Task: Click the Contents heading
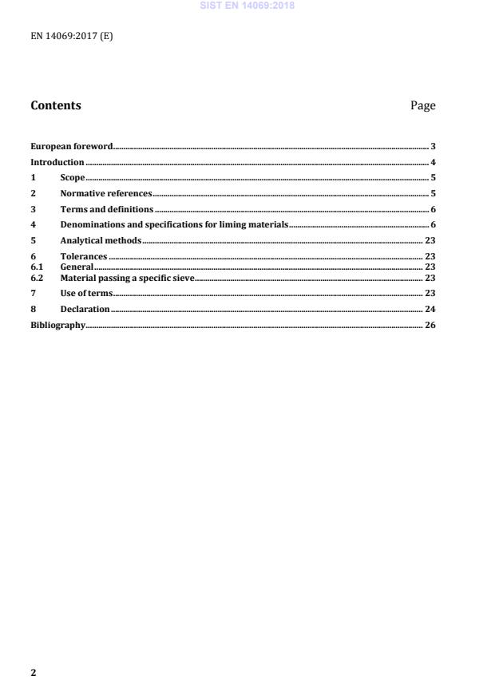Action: (x=55, y=105)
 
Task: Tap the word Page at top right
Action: (x=422, y=105)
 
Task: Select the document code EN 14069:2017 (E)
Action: (x=72, y=36)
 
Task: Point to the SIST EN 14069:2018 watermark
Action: (x=247, y=6)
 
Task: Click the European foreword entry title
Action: (x=71, y=146)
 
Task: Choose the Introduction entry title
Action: (x=57, y=162)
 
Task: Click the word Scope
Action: (x=73, y=177)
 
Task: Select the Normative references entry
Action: (x=105, y=193)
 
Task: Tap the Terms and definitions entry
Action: (x=106, y=209)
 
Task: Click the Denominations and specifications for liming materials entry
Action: (x=173, y=224)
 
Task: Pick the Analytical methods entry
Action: (x=101, y=240)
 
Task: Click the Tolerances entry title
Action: (x=84, y=257)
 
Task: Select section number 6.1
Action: (x=36, y=267)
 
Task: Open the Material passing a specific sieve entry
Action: (x=127, y=277)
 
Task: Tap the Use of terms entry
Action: (x=86, y=293)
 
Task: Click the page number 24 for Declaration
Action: (x=430, y=309)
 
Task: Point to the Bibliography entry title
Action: (x=57, y=325)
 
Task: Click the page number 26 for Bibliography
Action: (x=430, y=325)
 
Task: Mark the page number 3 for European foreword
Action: (x=432, y=146)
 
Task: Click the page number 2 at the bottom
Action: (x=34, y=672)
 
